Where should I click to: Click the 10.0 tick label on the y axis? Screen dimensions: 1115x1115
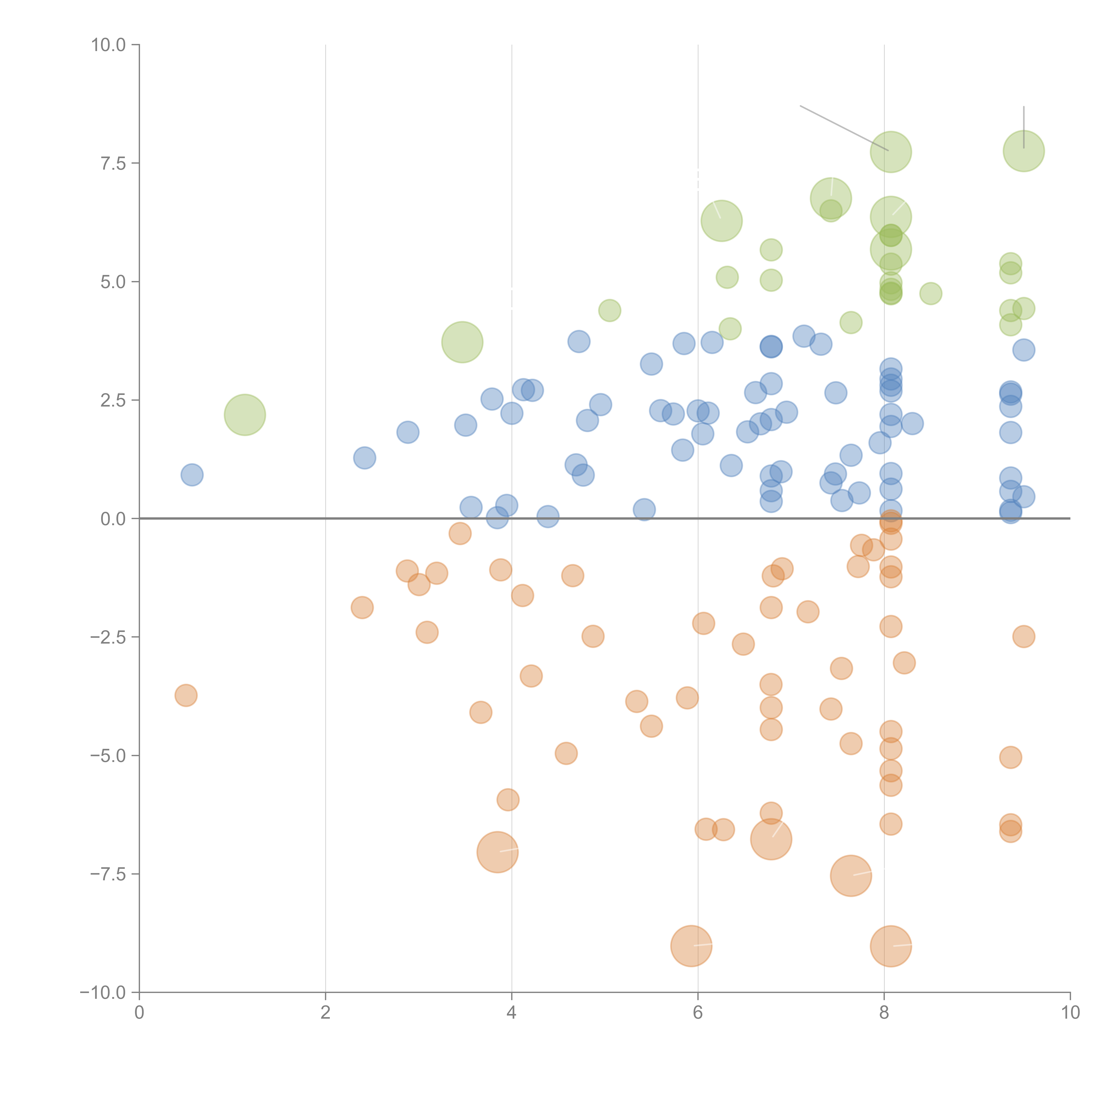pyautogui.click(x=109, y=45)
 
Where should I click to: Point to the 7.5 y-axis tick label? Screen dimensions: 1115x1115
pyautogui.click(x=113, y=163)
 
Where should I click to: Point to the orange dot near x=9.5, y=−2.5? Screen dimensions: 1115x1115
pyautogui.click(x=1023, y=637)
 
